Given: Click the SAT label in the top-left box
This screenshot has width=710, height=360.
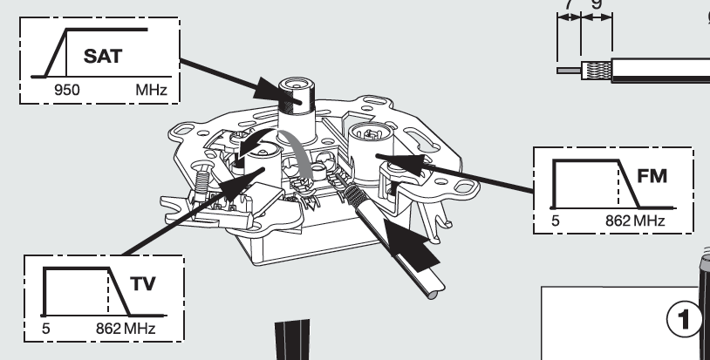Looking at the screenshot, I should coord(103,58).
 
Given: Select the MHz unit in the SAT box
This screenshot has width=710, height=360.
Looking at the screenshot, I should coord(149,89).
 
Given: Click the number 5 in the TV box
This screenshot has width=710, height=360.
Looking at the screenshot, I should coord(46,330).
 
